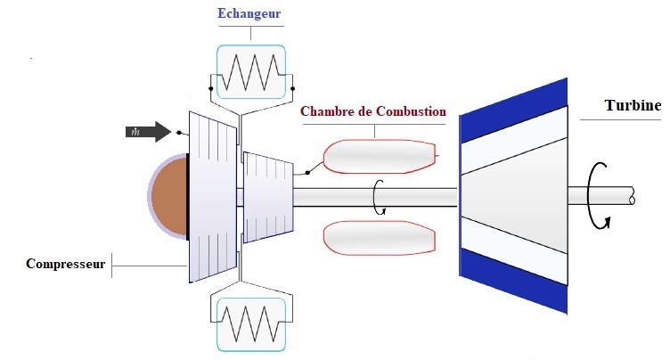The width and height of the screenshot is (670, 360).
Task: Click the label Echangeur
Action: pyautogui.click(x=251, y=15)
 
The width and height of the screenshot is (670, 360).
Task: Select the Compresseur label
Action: pyautogui.click(x=66, y=264)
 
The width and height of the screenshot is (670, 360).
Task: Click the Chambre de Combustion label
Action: pyautogui.click(x=373, y=112)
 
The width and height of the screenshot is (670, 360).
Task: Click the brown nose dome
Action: pyautogui.click(x=168, y=197)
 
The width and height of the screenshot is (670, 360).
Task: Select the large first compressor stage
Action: pyautogui.click(x=213, y=198)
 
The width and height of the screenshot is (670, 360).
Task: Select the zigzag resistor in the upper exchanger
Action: pyautogui.click(x=250, y=72)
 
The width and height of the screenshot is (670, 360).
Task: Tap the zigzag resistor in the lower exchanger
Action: pyautogui.click(x=250, y=321)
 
